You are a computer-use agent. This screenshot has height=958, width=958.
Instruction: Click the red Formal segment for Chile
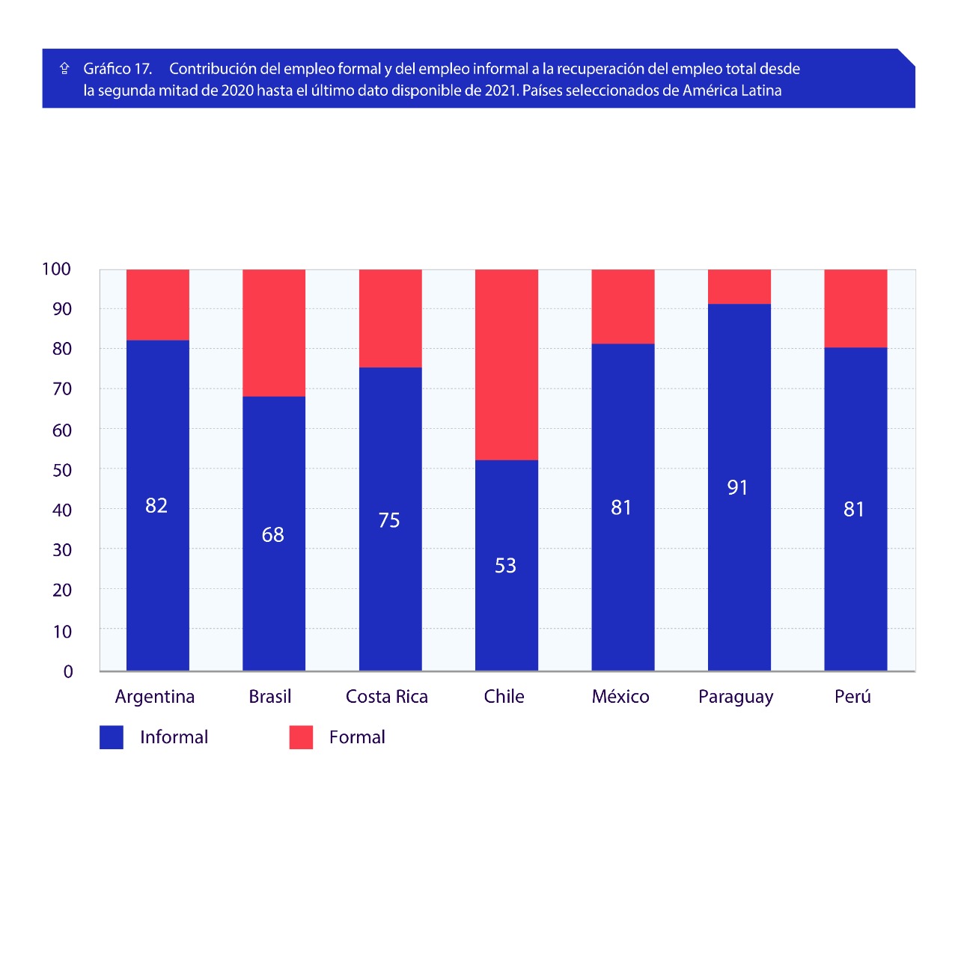(506, 364)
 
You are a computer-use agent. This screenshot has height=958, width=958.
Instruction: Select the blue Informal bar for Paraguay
(739, 569)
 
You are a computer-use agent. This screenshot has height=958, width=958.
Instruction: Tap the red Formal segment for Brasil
(273, 332)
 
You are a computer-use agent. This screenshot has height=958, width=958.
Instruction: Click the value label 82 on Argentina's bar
(156, 506)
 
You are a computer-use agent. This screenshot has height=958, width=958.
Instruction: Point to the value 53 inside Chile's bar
(505, 566)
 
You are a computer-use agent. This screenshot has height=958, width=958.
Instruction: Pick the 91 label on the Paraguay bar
(737, 488)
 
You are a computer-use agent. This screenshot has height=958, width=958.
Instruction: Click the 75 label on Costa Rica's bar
(389, 520)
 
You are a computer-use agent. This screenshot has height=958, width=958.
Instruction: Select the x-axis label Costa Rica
(387, 697)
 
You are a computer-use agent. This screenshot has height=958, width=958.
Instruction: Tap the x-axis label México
(620, 697)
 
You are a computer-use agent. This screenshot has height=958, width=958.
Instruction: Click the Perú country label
(852, 697)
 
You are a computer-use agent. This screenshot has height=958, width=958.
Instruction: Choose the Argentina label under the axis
(155, 697)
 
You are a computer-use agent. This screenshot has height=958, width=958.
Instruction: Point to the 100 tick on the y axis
(56, 269)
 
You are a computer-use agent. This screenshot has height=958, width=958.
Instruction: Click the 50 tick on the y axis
(62, 470)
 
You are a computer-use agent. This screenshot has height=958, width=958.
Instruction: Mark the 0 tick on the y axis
(68, 671)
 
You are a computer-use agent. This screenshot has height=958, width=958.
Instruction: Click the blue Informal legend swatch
(112, 737)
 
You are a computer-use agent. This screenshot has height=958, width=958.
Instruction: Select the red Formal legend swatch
(301, 737)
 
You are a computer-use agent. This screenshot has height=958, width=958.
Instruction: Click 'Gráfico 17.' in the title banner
(118, 69)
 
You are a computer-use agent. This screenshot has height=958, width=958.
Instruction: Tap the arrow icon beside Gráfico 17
(65, 69)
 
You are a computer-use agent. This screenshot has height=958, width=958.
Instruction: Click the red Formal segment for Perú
(855, 308)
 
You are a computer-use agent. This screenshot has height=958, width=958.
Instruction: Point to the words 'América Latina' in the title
(732, 91)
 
